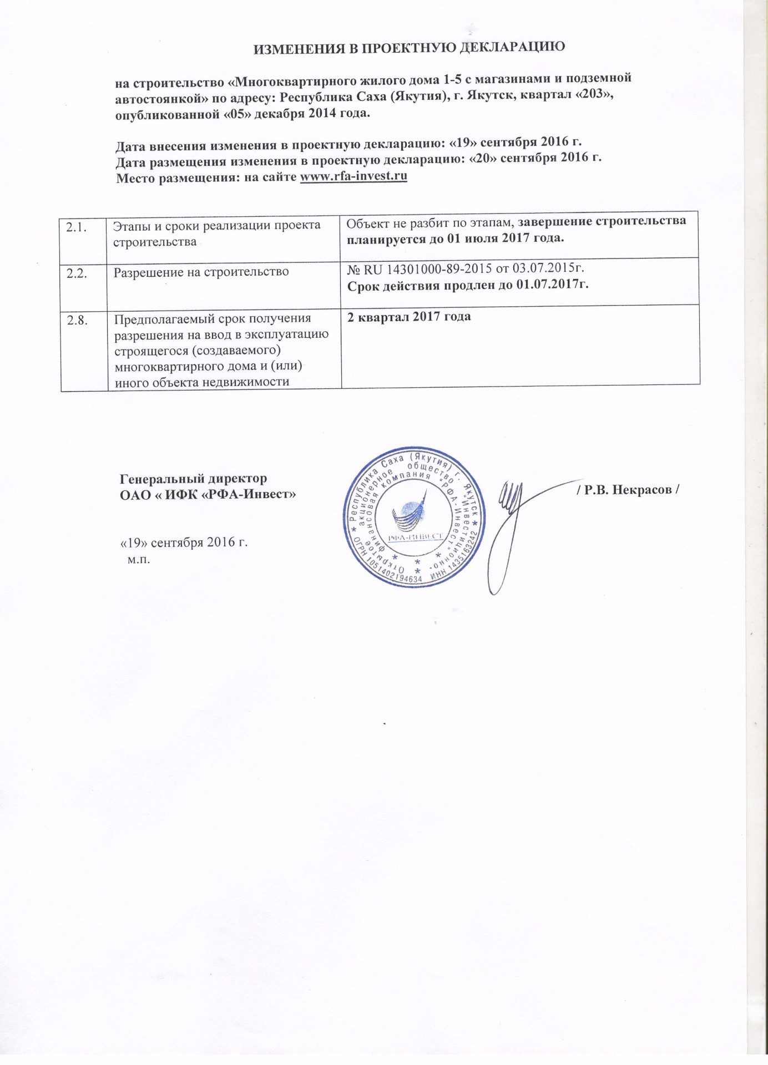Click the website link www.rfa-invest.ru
coord(353,176)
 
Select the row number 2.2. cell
coord(76,273)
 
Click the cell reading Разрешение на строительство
coord(201,272)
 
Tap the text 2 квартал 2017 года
coord(409,317)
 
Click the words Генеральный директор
coord(193,478)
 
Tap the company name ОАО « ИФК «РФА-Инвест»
coord(208,494)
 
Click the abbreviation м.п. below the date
coord(139,559)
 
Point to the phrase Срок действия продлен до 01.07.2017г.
coord(467,285)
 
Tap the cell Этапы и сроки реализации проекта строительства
coord(216,234)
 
